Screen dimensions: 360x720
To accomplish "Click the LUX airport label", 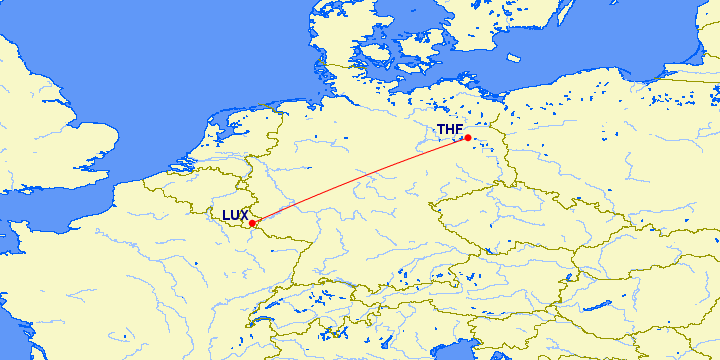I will [x=235, y=215].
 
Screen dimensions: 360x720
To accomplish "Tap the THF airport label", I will [x=450, y=129].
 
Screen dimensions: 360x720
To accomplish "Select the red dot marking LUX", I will [x=253, y=223].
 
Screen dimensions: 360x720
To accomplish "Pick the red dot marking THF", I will [x=468, y=138].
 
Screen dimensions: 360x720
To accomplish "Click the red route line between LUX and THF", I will [x=360, y=181].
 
